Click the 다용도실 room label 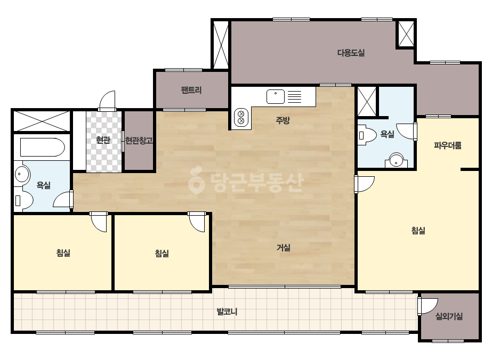(x=351, y=53)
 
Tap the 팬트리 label (x=191, y=91)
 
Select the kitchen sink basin (x=276, y=96)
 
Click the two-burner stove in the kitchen (x=241, y=117)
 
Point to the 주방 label (x=283, y=120)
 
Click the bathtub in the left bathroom (x=43, y=147)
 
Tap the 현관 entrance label (x=103, y=140)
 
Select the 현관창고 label (x=139, y=141)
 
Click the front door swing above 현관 (x=107, y=100)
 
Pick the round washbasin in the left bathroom (x=22, y=174)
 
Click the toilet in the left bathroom (x=24, y=200)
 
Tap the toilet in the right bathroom (x=367, y=135)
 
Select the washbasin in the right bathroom (x=397, y=160)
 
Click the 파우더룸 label (x=448, y=145)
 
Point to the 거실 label (x=284, y=248)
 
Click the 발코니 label (x=227, y=312)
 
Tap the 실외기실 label (x=449, y=316)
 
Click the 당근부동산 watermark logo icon (x=196, y=180)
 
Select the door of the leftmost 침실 (x=99, y=222)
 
